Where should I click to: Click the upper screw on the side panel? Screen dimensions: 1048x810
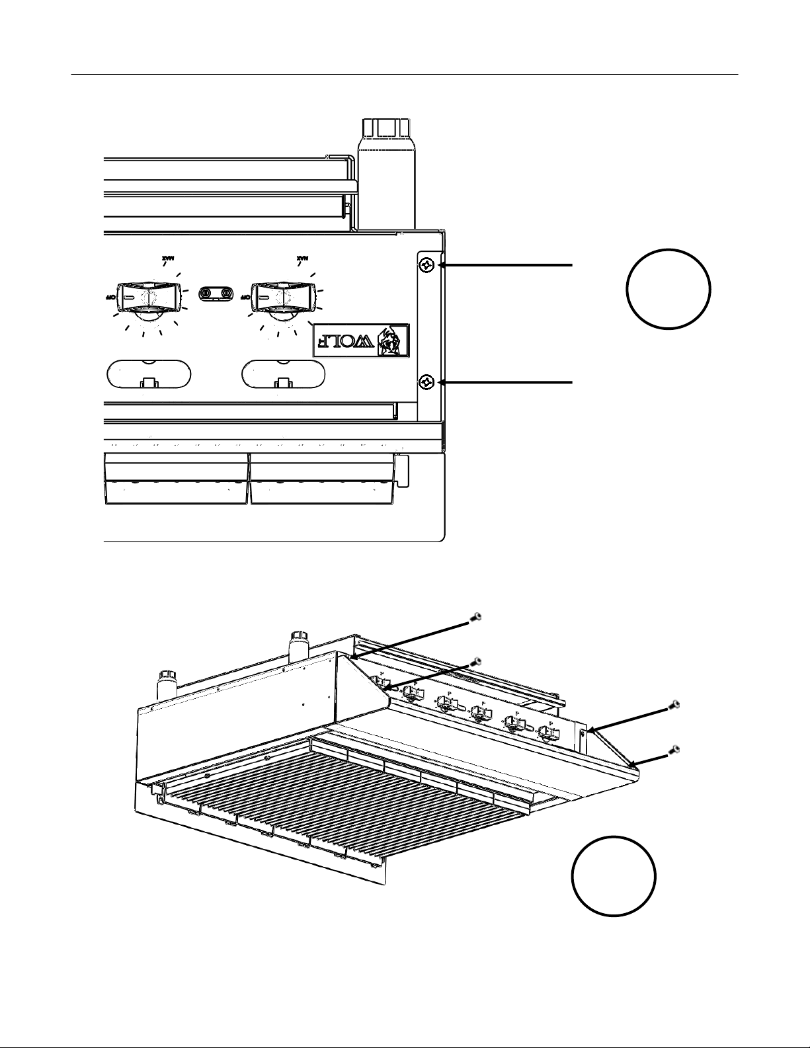coord(426,266)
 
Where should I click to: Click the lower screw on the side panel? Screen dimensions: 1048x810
coord(426,382)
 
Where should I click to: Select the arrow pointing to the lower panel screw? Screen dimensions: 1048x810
coord(506,382)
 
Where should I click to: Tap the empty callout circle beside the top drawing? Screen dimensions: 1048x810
coord(668,289)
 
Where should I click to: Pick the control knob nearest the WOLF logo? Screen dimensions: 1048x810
coord(283,298)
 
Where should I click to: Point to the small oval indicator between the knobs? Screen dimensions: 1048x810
coord(217,293)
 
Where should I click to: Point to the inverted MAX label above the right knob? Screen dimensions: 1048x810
coord(302,257)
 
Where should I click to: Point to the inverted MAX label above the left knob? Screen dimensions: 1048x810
coord(171,257)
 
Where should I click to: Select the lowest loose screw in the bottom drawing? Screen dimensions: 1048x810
coord(674,750)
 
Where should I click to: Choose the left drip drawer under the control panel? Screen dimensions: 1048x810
coord(177,479)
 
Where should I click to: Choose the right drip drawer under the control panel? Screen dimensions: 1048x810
coord(323,479)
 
